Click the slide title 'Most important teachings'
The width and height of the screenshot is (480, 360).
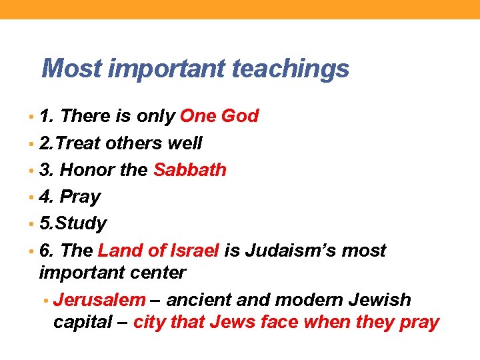pyautogui.click(x=195, y=69)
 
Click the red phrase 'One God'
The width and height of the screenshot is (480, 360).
pyautogui.click(x=219, y=116)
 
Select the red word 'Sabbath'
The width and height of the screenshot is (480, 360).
pyautogui.click(x=190, y=170)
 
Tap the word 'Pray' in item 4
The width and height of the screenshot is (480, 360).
pyautogui.click(x=80, y=197)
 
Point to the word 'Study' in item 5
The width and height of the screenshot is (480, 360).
pyautogui.click(x=82, y=224)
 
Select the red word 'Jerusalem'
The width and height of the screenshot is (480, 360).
pyautogui.click(x=99, y=300)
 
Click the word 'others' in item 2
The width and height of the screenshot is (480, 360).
pyautogui.click(x=133, y=143)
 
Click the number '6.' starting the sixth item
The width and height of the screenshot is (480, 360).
pyautogui.click(x=47, y=251)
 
